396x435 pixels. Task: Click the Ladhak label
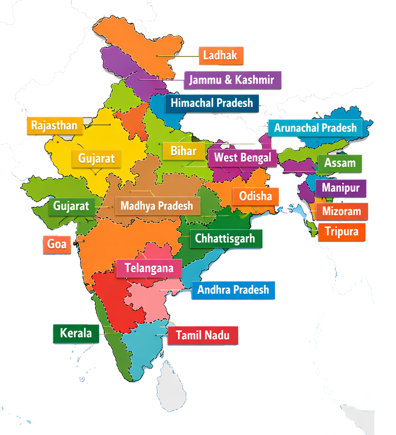[221, 56]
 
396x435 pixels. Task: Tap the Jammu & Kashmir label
[232, 80]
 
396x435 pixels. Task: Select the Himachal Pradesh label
[212, 103]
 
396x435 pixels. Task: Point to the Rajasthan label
[54, 126]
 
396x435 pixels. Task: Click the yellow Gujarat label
[96, 158]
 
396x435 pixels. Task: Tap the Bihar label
[183, 151]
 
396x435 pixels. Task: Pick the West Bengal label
[243, 157]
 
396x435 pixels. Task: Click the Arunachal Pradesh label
[315, 128]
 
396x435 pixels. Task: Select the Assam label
[340, 164]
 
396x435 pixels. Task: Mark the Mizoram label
[341, 212]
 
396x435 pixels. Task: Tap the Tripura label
[342, 232]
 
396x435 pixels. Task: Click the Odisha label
[255, 196]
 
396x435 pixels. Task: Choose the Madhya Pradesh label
[157, 206]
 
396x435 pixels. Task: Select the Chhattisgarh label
[225, 238]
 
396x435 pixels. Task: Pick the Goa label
[57, 244]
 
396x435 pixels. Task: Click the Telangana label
[149, 268]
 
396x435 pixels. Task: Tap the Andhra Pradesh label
[233, 290]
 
